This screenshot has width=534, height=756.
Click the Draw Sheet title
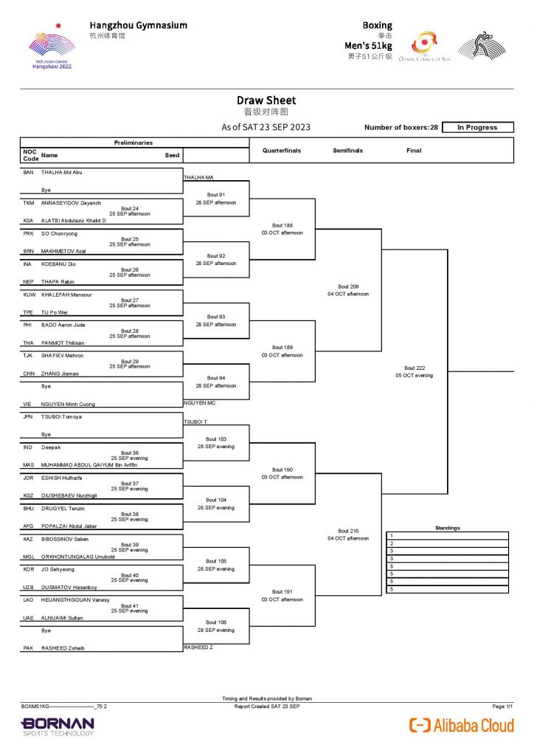pos(266,100)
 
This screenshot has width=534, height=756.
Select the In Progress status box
pos(477,128)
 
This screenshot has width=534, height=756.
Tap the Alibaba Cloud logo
pos(462,725)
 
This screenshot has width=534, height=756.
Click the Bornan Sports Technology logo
pos(58,726)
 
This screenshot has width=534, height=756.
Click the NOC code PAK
pos(29,648)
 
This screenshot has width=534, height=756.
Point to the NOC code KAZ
pos(29,539)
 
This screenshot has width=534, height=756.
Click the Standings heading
pos(448,528)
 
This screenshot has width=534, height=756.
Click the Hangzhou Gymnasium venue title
pos(138,25)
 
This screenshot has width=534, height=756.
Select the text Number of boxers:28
pos(400,128)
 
